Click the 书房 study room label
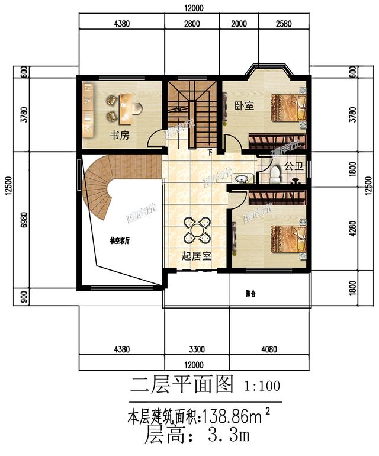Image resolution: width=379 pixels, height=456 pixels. click(118, 135)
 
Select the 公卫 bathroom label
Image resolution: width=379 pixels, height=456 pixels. click(294, 166)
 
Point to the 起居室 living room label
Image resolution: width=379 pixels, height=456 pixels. click(197, 257)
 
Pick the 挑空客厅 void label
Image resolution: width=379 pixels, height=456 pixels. click(120, 241)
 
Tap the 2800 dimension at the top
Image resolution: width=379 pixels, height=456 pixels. click(192, 25)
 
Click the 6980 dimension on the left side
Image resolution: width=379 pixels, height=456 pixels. click(24, 220)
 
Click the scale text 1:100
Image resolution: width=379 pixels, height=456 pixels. click(262, 386)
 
